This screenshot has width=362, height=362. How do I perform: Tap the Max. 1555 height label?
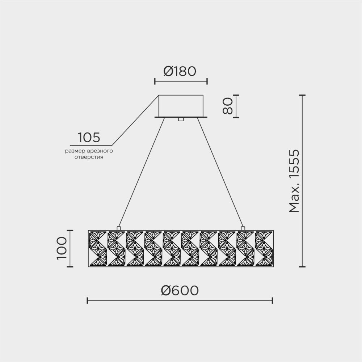(x=295, y=181)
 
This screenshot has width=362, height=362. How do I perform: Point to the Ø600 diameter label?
(x=180, y=290)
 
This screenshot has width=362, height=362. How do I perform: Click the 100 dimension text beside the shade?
(x=61, y=248)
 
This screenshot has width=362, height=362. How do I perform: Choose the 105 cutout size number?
(x=89, y=138)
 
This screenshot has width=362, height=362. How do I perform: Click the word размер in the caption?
(x=74, y=151)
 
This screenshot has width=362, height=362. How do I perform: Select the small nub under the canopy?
(x=181, y=119)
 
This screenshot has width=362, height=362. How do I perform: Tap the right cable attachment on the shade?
(x=243, y=228)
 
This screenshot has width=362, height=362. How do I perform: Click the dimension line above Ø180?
(x=181, y=81)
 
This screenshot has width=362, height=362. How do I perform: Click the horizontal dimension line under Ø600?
(x=180, y=300)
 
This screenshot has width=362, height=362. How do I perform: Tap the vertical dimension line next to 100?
(x=70, y=248)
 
